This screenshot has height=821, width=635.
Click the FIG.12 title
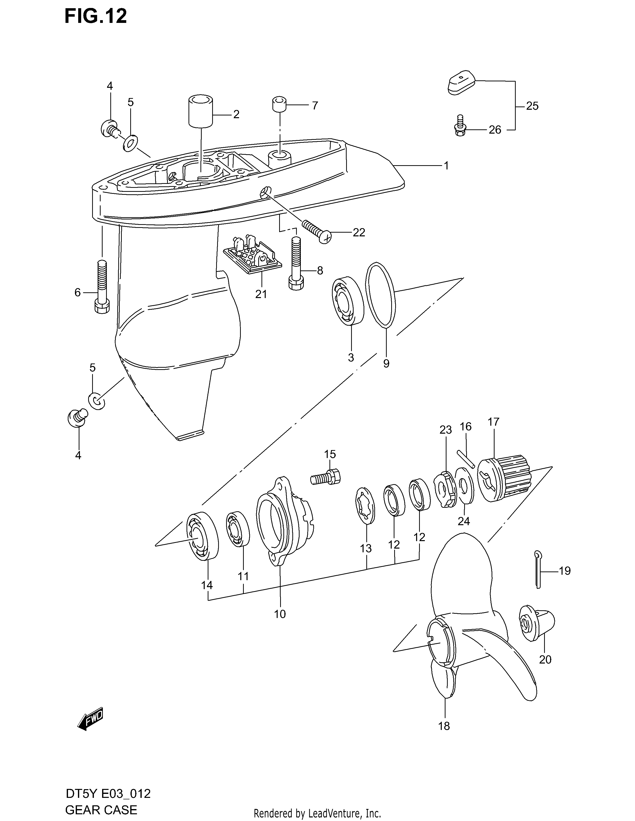[96, 16]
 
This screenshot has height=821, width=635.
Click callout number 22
[359, 233]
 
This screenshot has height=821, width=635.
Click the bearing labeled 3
[348, 300]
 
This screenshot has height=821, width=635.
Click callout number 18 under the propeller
[444, 726]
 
